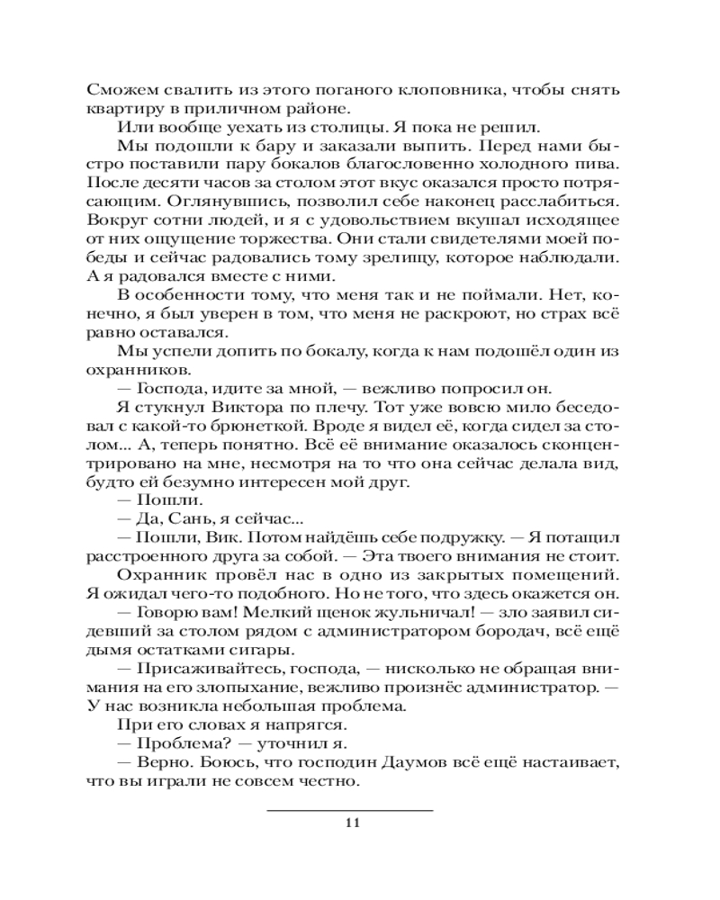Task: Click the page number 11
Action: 352,823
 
